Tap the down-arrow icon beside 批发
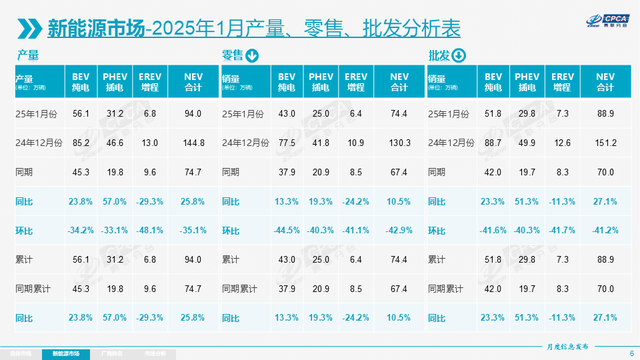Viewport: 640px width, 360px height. coord(459,57)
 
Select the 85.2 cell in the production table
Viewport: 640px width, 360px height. coord(81,142)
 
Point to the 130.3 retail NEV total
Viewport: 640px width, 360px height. coord(399,142)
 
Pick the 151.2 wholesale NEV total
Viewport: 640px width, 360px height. coord(604,142)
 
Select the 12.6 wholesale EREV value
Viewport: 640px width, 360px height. coord(561,142)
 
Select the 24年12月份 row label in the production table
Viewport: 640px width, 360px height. coord(38,142)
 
